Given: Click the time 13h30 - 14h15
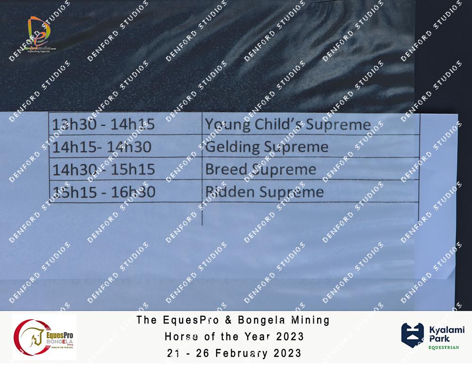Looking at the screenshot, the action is click(x=103, y=124).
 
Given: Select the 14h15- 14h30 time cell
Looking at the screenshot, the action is click(x=102, y=147).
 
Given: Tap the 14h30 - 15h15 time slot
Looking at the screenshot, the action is click(x=103, y=170).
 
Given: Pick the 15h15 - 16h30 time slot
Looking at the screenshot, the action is click(x=104, y=192).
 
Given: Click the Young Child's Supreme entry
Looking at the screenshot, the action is click(x=288, y=125).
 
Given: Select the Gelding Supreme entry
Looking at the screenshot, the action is click(x=266, y=147).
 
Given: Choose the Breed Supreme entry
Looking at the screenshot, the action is click(x=261, y=170).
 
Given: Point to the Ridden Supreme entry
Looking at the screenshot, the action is click(x=265, y=192).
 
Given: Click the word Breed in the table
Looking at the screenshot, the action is click(x=226, y=170).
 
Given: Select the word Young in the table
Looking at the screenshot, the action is click(x=228, y=125).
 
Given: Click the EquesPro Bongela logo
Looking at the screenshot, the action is click(x=44, y=337).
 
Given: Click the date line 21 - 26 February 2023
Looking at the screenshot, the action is click(x=234, y=353).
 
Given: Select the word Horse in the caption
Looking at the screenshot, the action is click(x=182, y=336).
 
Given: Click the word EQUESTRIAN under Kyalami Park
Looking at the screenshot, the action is click(x=444, y=348).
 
